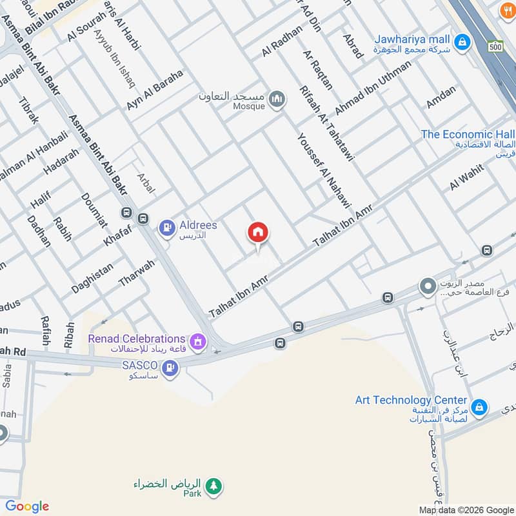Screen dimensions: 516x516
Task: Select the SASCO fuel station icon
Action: [170, 368]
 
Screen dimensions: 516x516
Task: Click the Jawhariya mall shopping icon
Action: [461, 43]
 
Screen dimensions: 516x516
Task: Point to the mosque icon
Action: [277, 99]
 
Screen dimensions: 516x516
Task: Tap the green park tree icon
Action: [214, 485]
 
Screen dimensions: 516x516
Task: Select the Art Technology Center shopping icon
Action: [479, 408]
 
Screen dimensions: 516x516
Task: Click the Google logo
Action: [27, 506]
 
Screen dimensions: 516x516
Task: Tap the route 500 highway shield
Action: [495, 46]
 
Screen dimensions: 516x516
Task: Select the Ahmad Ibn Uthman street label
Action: [373, 88]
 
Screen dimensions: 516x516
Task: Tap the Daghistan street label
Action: [92, 279]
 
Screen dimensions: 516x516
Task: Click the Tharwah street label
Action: [137, 273]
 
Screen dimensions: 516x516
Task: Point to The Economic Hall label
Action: [467, 134]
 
